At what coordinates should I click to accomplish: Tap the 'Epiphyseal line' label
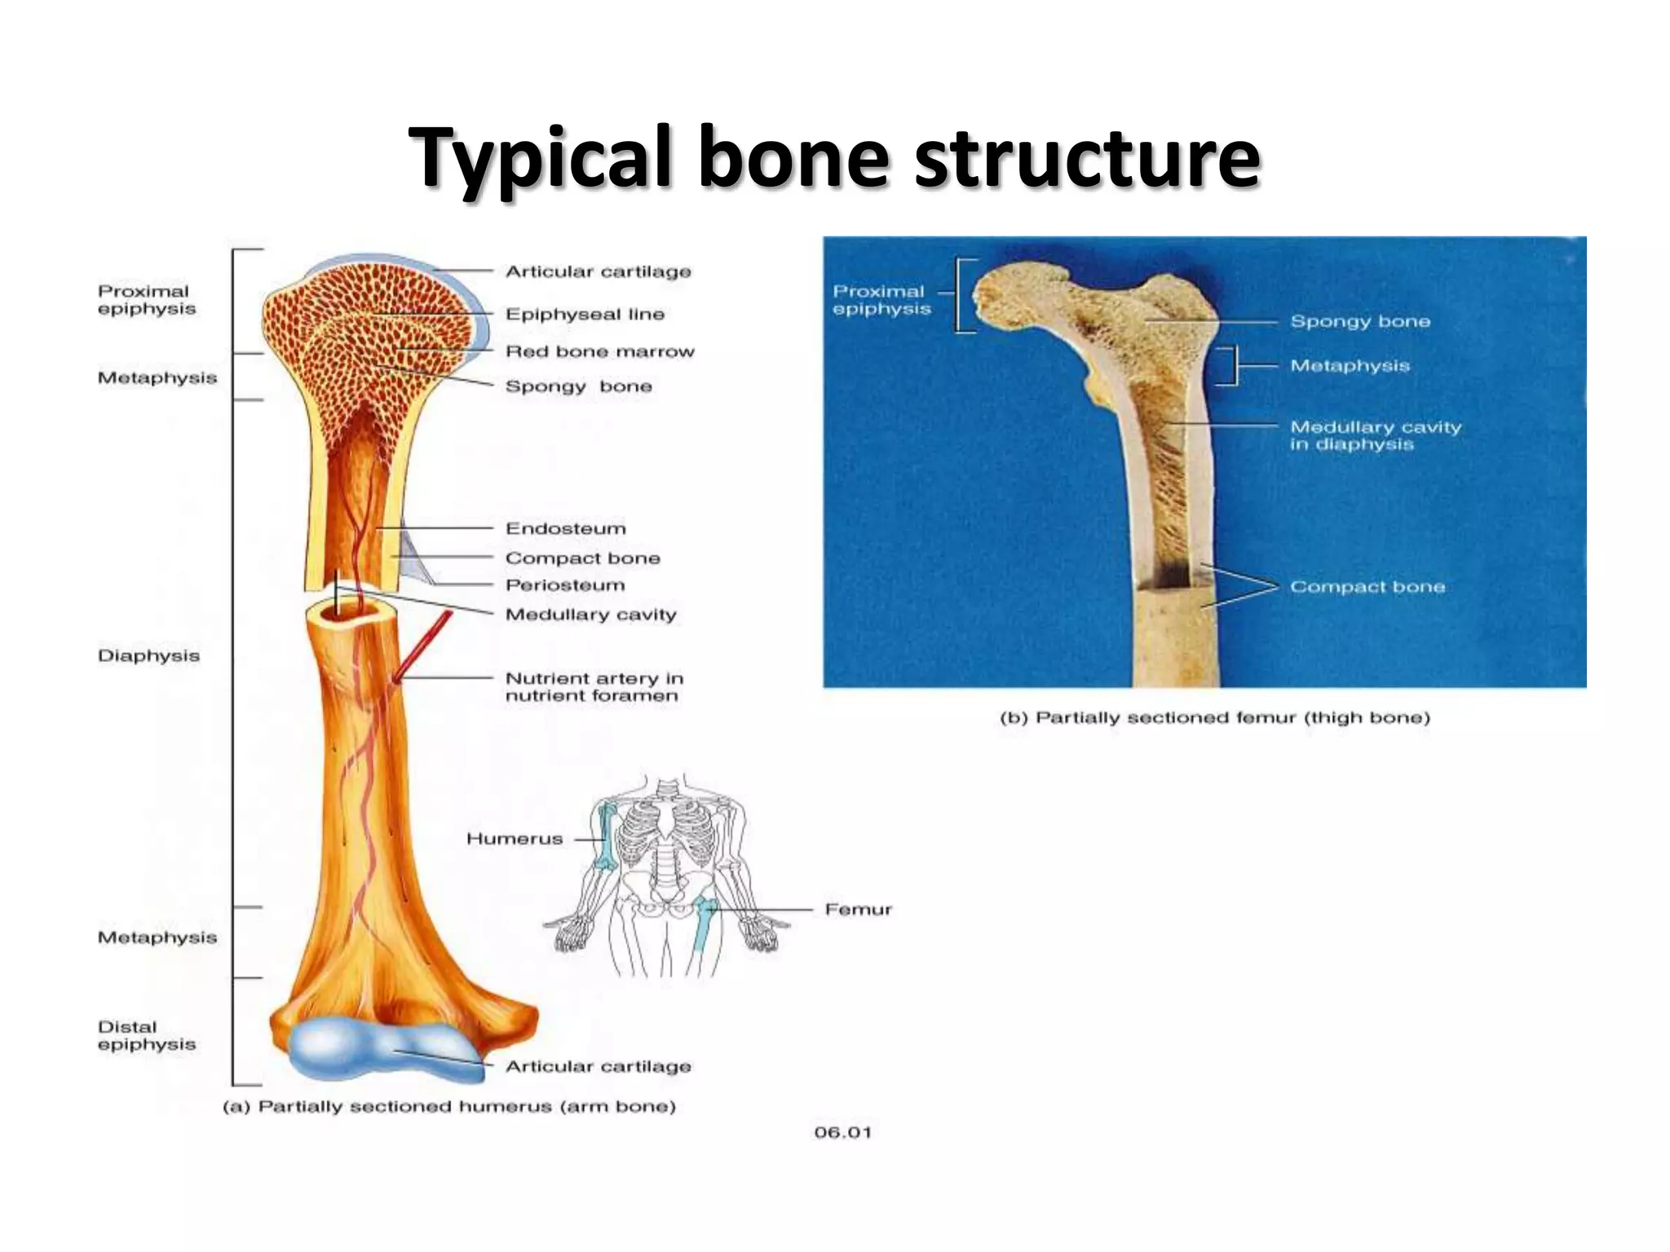coord(585,314)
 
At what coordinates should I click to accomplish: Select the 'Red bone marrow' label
coord(599,351)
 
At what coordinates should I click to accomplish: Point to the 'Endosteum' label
coord(565,528)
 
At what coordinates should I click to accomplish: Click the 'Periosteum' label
coord(565,585)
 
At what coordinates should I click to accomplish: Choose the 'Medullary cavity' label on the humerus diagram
coord(590,615)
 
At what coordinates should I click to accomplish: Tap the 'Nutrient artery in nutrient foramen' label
coord(594,686)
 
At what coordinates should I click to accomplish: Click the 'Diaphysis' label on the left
coord(148,655)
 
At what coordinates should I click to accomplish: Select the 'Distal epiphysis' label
coord(147,1035)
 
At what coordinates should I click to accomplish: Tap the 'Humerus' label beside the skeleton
coord(514,839)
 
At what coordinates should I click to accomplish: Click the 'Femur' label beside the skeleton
coord(858,909)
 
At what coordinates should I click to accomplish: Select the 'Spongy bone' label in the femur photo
coord(1359,321)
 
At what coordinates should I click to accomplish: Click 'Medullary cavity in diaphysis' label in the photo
coord(1375,435)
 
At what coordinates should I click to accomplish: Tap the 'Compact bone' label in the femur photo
coord(1367,587)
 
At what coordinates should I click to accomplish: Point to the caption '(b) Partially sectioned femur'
coord(1214,718)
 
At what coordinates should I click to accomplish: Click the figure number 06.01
coord(842,1132)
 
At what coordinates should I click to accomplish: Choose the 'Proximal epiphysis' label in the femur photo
coord(881,300)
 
